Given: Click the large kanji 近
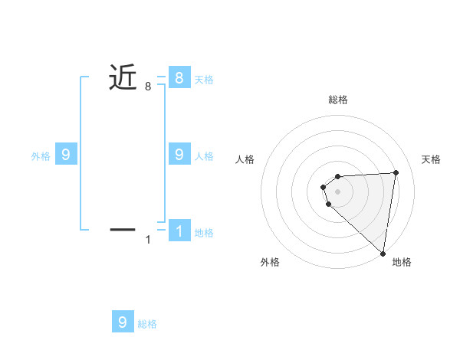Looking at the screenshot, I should (x=123, y=77).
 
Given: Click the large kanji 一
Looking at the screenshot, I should (x=123, y=228).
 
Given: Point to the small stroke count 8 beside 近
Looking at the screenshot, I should (x=148, y=87).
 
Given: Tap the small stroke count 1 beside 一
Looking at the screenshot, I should (x=148, y=241).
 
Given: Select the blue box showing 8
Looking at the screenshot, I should (x=179, y=77).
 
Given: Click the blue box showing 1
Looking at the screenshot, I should (x=179, y=231).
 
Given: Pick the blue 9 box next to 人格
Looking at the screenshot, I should (x=179, y=155).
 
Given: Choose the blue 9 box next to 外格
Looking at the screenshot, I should (x=66, y=155).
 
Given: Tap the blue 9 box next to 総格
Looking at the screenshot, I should (x=123, y=322).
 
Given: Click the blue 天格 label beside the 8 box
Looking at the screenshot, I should (x=204, y=79).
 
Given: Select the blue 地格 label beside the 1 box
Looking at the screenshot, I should (x=204, y=233).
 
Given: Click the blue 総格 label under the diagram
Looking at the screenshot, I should (x=147, y=324).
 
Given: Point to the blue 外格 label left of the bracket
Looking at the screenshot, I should (x=41, y=156).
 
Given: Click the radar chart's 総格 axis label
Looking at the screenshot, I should (x=338, y=100).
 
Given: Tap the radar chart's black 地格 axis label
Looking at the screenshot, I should (x=402, y=263).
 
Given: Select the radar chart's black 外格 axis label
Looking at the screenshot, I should (x=270, y=263).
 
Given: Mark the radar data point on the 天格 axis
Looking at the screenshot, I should (x=396, y=172).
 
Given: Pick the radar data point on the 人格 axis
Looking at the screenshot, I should (x=324, y=186).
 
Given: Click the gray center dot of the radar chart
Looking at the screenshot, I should (x=337, y=191).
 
